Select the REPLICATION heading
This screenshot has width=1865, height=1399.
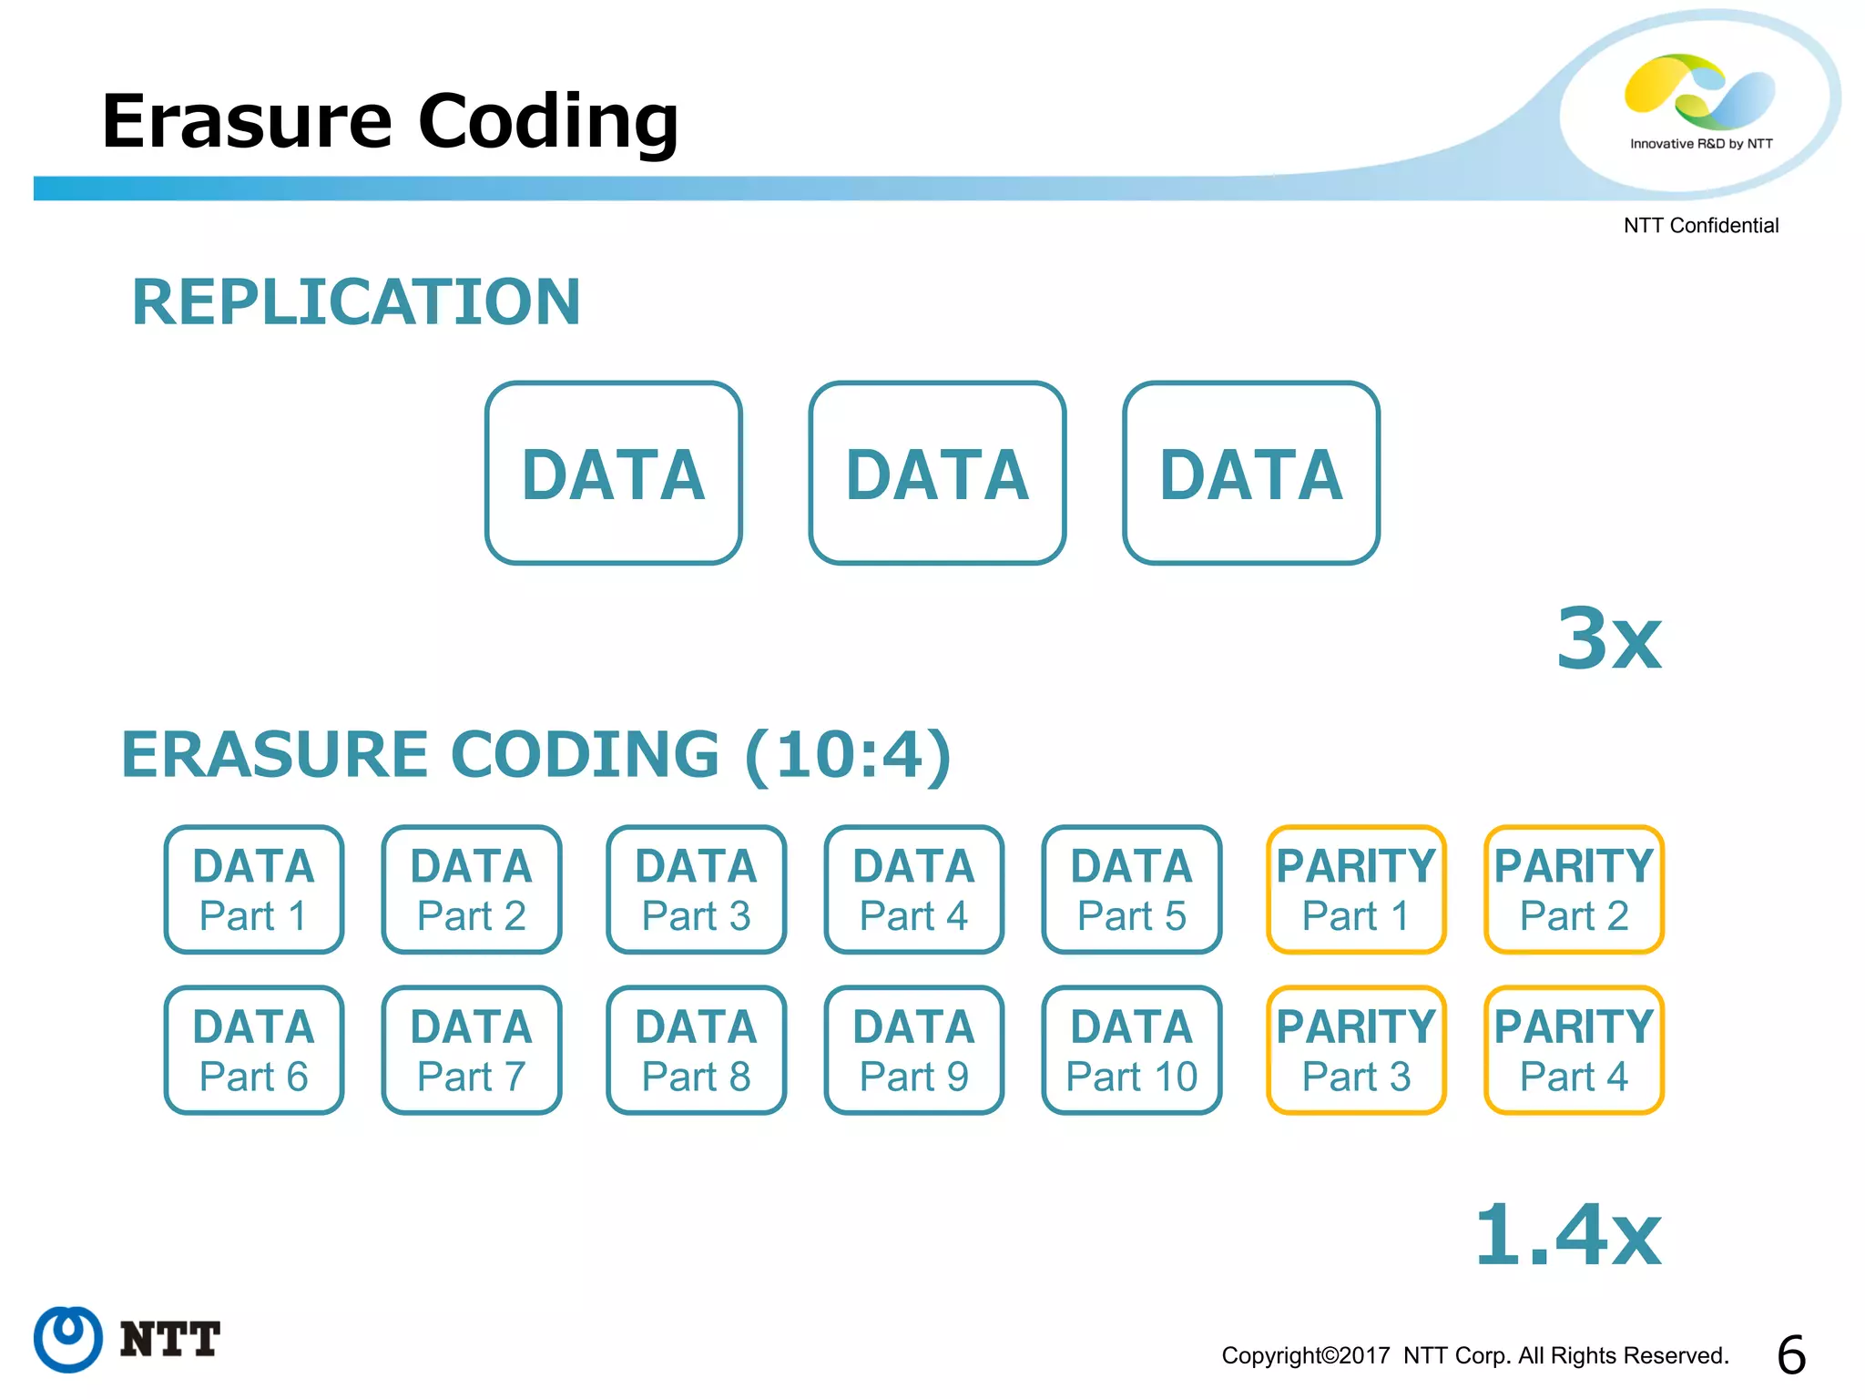point(356,302)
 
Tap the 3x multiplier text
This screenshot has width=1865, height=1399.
point(1609,639)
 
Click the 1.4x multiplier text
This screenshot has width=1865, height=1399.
point(1568,1236)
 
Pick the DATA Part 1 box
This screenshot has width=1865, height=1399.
point(254,890)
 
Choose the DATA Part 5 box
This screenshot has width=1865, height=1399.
point(1132,890)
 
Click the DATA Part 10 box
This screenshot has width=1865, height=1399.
point(1132,1050)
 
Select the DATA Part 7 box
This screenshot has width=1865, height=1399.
point(472,1050)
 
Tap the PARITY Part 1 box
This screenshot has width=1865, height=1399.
point(1356,890)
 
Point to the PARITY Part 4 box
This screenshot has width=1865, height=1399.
point(1574,1050)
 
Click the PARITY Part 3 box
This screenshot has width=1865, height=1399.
point(1356,1050)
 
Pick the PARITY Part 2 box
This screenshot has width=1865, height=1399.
point(1574,890)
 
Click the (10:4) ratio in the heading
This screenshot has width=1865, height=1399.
point(848,755)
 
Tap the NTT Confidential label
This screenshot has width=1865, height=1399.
point(1700,226)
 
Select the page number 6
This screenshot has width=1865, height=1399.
point(1791,1355)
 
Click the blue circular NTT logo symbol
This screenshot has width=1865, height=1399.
point(68,1339)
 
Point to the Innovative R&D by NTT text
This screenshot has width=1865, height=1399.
point(1701,144)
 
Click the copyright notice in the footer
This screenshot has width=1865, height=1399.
point(1474,1356)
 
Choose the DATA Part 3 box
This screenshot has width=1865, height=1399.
point(697,890)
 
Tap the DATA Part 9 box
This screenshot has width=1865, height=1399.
point(914,1050)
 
